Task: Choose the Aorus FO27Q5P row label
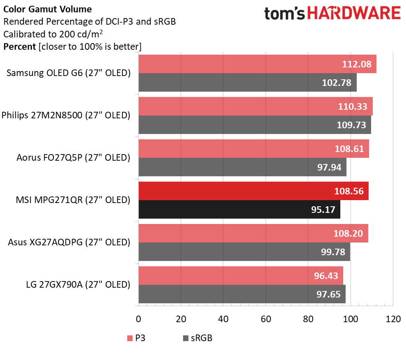[x=73, y=158]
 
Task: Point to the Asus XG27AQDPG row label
[x=69, y=242]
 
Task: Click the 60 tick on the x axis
[x=266, y=319]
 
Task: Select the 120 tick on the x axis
[x=393, y=319]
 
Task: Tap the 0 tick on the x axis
[x=139, y=319]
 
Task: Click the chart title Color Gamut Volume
[x=48, y=9]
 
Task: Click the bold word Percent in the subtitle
[x=19, y=46]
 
